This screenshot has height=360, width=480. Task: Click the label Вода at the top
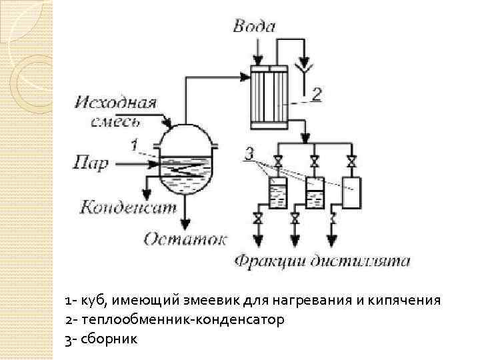[254, 26]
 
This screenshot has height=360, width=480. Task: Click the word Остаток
[185, 239]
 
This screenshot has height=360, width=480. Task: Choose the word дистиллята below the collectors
[362, 261]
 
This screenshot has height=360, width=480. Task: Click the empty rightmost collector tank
[350, 191]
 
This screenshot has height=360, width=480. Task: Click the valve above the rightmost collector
[351, 161]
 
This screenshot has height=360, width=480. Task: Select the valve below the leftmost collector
[257, 218]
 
